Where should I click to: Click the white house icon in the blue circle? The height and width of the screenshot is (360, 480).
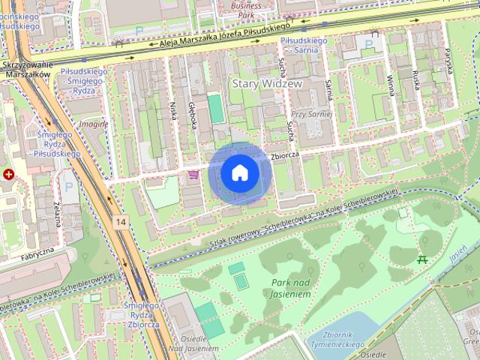tap(239, 173)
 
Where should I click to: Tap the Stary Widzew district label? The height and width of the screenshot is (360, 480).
tap(267, 84)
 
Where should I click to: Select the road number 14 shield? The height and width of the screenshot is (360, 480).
tap(121, 222)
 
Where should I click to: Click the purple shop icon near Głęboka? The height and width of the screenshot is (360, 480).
tap(194, 174)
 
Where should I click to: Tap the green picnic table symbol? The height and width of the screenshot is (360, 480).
tap(422, 259)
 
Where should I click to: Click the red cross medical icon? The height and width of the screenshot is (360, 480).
tap(8, 174)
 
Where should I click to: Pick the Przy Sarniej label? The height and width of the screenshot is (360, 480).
tap(312, 114)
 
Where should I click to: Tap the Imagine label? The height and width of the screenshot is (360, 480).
tap(94, 124)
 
